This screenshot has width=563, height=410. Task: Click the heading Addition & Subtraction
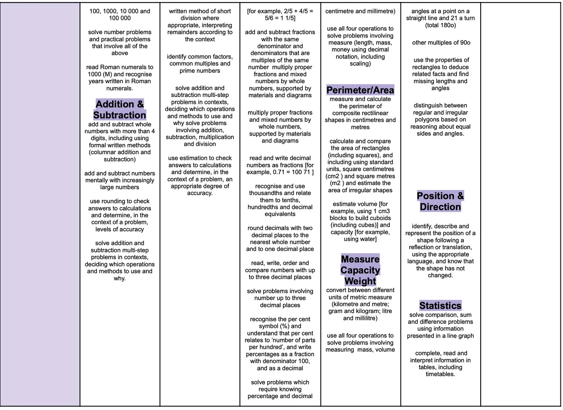coord(120,110)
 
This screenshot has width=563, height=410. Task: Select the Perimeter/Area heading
coord(360,90)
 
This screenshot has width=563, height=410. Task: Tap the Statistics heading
coord(440,306)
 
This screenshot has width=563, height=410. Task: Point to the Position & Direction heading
coord(440,201)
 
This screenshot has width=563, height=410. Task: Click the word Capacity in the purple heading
coord(360,270)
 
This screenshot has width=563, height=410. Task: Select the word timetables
coord(440,374)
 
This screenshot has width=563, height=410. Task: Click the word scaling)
coord(360,64)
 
